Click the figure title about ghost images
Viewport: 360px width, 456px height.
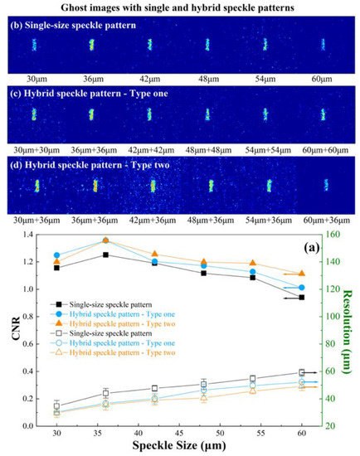tap(179, 8)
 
